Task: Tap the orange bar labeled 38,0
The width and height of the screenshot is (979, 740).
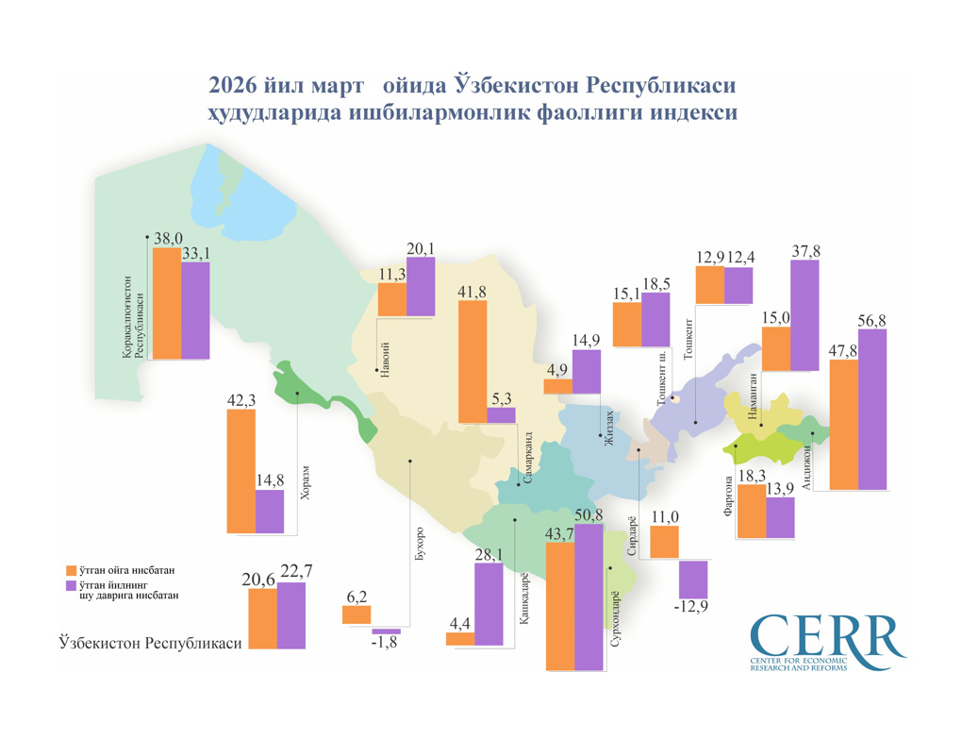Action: click(x=167, y=303)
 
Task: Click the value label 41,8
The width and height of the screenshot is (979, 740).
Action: click(x=472, y=293)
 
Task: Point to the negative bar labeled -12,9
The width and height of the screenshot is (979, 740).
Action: click(x=693, y=579)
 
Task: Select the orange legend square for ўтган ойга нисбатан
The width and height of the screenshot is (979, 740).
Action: click(x=71, y=571)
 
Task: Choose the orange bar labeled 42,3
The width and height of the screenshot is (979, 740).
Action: click(x=241, y=472)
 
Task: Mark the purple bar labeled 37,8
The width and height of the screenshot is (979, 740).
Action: click(x=805, y=315)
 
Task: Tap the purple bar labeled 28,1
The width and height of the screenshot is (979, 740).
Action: click(x=489, y=604)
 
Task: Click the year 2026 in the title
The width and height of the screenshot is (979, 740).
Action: click(x=238, y=87)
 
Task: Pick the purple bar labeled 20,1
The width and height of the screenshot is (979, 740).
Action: click(x=421, y=286)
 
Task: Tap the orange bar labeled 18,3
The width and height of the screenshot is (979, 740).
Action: click(x=751, y=513)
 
